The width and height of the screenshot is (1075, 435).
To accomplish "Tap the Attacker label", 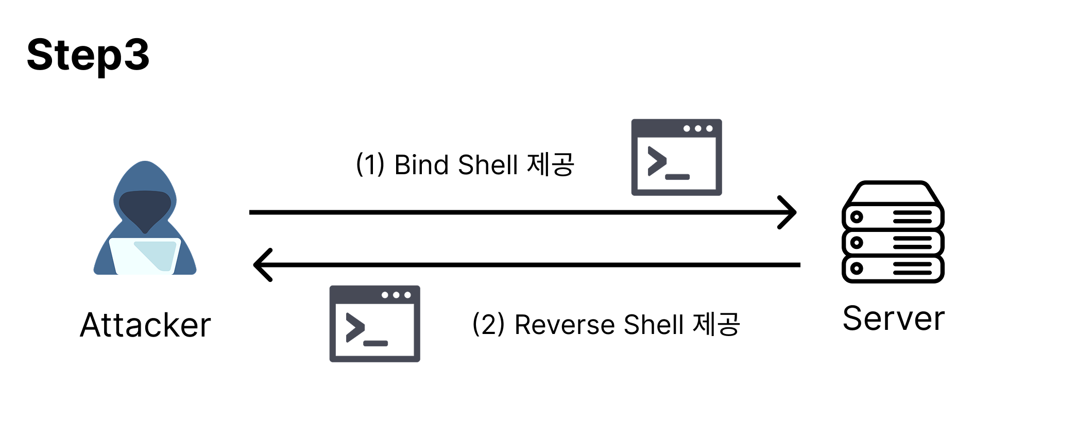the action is [146, 325].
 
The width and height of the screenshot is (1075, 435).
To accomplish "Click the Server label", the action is [894, 319].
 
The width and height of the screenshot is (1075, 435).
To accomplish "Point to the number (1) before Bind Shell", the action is [370, 165].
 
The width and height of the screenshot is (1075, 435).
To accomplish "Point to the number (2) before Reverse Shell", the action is [488, 325].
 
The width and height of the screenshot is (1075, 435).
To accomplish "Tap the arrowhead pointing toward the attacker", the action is [263, 265].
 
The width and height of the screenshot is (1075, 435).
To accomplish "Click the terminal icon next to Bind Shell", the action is [677, 157].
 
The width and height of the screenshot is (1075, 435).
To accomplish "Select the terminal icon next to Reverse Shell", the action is [375, 324].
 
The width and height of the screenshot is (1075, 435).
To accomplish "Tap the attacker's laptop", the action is [145, 256].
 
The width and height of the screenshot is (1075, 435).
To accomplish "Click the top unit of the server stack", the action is [893, 216].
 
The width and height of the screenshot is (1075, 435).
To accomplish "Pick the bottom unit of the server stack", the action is [893, 269].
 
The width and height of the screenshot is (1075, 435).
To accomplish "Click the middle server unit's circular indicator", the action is [857, 243].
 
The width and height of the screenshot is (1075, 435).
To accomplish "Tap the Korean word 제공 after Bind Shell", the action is [551, 165].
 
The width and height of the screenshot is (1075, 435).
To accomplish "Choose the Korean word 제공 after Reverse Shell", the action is [716, 325].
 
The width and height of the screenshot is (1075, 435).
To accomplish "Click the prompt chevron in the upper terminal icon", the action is [657, 161].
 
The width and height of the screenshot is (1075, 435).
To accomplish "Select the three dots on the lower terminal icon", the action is [396, 295].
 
